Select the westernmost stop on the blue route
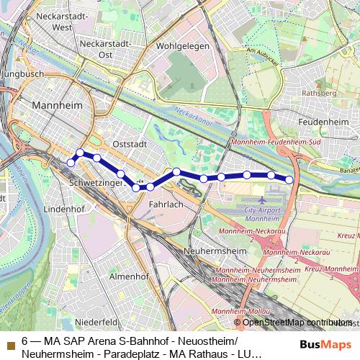pyautogui.click(x=71, y=163)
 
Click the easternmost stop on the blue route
pyautogui.click(x=289, y=179)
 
